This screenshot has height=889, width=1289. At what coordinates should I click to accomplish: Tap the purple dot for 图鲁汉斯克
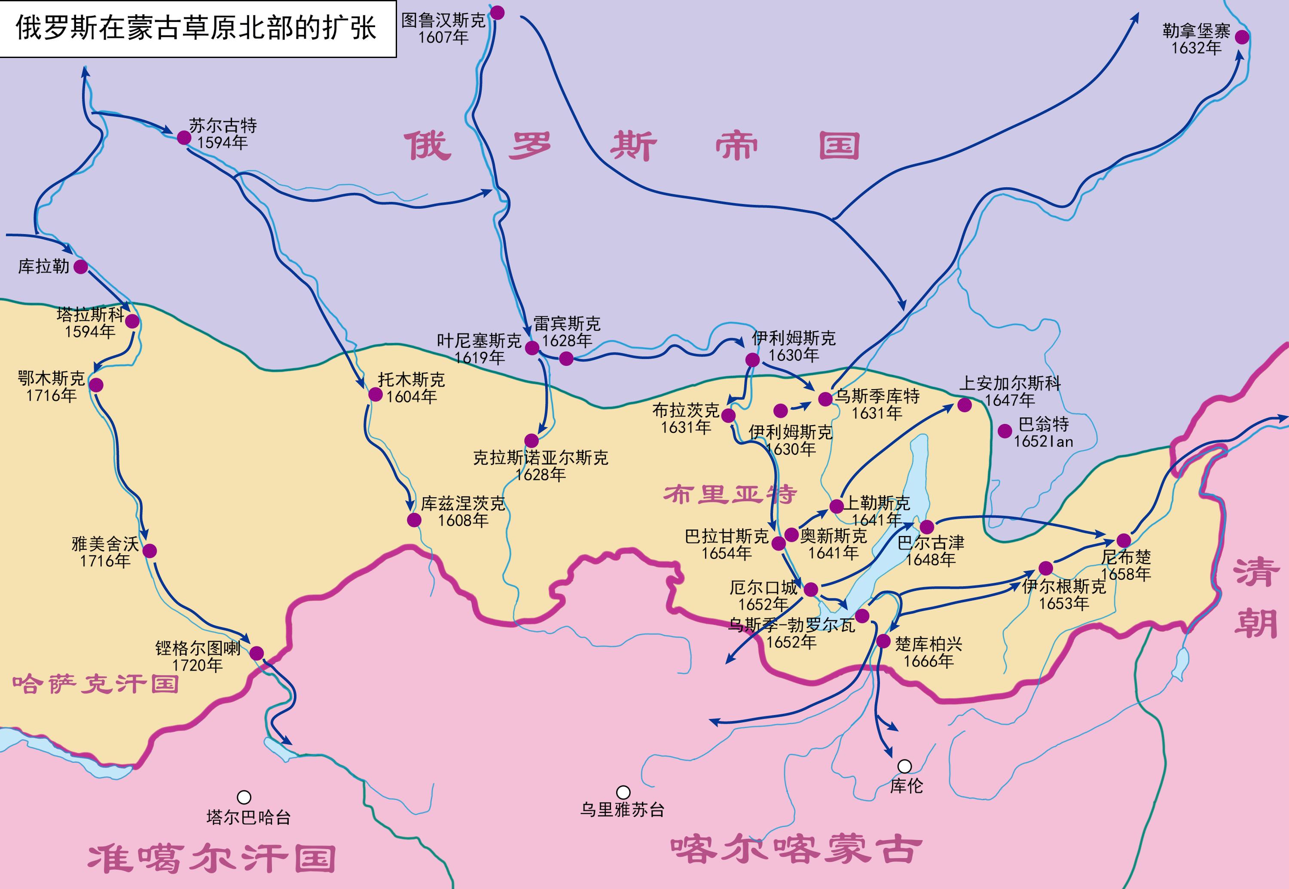pyautogui.click(x=497, y=13)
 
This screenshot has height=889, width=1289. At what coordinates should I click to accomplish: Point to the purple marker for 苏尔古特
pyautogui.click(x=184, y=137)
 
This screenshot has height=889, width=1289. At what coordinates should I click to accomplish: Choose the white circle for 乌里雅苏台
pyautogui.click(x=623, y=792)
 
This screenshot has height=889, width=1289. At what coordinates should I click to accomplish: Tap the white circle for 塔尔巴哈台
pyautogui.click(x=244, y=797)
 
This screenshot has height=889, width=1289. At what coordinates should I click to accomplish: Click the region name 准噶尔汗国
pyautogui.click(x=212, y=859)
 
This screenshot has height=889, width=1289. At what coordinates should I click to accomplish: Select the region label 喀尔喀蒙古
pyautogui.click(x=795, y=849)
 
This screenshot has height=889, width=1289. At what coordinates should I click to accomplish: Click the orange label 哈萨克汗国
pyautogui.click(x=96, y=684)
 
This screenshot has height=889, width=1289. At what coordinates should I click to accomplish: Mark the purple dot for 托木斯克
pyautogui.click(x=376, y=394)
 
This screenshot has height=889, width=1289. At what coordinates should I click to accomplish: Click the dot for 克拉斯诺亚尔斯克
pyautogui.click(x=531, y=441)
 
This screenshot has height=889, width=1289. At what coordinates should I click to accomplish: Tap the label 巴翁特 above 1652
pyautogui.click(x=1043, y=424)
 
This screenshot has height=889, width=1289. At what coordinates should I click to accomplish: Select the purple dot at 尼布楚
pyautogui.click(x=1124, y=540)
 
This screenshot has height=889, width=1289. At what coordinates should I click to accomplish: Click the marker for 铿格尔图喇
pyautogui.click(x=257, y=653)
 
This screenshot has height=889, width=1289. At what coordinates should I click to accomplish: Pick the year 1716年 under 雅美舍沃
pyautogui.click(x=105, y=560)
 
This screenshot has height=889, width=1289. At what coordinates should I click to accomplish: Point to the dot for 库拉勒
pyautogui.click(x=81, y=267)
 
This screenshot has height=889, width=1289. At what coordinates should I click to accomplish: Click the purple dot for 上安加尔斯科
pyautogui.click(x=965, y=405)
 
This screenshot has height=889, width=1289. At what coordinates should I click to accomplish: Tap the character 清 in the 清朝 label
pyautogui.click(x=1255, y=572)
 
